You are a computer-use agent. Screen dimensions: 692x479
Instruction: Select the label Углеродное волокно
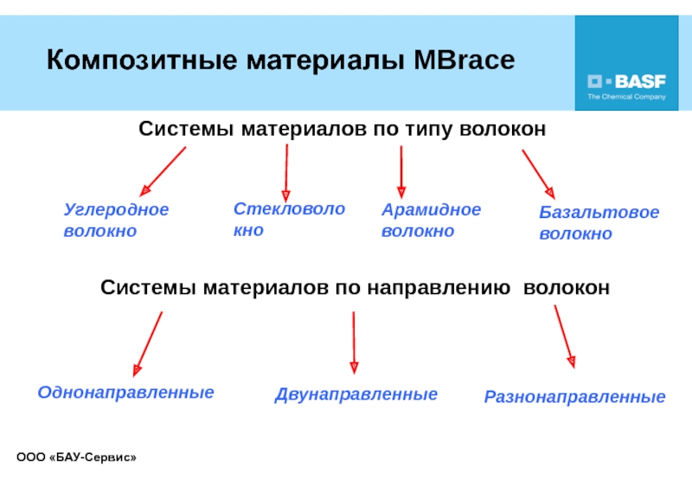coord(116,220)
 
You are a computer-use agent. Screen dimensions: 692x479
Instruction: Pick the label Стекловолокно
coord(289,220)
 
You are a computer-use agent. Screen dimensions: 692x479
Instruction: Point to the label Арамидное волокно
coord(431,220)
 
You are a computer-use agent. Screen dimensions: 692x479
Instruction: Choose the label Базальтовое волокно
coord(599,223)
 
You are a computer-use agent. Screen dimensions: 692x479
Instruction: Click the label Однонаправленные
coord(125,393)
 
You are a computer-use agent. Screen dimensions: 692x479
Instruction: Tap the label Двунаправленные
coord(356,394)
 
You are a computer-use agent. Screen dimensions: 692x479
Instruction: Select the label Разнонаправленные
coord(574,397)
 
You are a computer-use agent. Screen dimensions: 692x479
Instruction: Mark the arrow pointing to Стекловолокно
coord(286,172)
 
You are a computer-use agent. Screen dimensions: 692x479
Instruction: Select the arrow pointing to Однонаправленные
coord(148,343)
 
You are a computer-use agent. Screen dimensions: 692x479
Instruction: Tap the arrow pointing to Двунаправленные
coord(353,342)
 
